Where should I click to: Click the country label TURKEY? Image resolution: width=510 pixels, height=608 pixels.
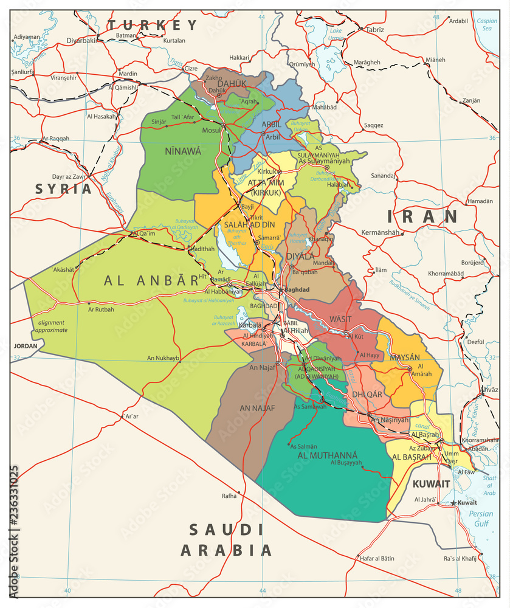[153, 25]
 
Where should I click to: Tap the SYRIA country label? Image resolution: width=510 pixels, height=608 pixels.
[63, 188]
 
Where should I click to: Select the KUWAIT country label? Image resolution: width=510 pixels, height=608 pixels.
[431, 484]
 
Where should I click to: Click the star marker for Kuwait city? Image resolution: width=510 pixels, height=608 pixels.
[453, 503]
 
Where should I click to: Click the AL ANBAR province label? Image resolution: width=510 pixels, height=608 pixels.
[151, 280]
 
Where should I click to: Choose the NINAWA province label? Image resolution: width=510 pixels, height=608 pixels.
[182, 151]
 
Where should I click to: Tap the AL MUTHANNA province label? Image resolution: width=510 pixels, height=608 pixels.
[327, 455]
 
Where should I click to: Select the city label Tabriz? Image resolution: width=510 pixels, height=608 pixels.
[375, 29]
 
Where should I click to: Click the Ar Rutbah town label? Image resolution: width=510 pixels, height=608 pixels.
[101, 309]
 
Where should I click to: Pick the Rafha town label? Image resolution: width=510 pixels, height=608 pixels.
[229, 496]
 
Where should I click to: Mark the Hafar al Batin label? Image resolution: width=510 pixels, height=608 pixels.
[377, 558]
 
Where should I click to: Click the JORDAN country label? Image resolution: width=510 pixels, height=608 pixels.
[25, 346]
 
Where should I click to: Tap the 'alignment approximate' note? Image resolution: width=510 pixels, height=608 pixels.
[52, 326]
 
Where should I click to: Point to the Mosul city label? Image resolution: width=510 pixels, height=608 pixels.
[211, 130]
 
